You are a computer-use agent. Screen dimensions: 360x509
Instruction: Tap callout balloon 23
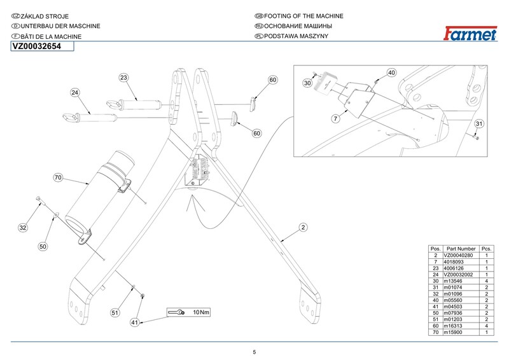(x=124, y=78)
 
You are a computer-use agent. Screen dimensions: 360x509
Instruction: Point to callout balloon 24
(x=75, y=93)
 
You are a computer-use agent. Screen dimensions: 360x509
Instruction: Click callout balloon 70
(x=57, y=178)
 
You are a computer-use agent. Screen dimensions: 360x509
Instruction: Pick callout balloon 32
(x=24, y=227)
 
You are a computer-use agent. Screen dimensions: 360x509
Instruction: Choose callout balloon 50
(x=43, y=246)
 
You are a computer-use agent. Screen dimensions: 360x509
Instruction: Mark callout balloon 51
(x=115, y=312)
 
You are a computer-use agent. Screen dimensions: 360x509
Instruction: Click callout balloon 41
(x=135, y=322)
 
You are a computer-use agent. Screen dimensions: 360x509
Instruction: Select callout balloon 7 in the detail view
(x=335, y=119)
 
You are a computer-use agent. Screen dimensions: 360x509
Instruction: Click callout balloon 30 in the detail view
(x=307, y=83)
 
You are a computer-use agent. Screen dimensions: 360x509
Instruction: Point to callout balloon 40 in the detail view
(x=391, y=73)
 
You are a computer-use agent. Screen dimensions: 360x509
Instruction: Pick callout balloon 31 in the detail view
(x=480, y=123)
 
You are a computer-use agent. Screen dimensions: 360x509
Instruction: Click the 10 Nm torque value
(x=201, y=312)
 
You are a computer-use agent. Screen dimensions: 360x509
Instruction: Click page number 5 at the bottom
(x=254, y=352)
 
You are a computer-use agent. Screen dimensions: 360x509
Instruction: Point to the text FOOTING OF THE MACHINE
(x=298, y=15)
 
